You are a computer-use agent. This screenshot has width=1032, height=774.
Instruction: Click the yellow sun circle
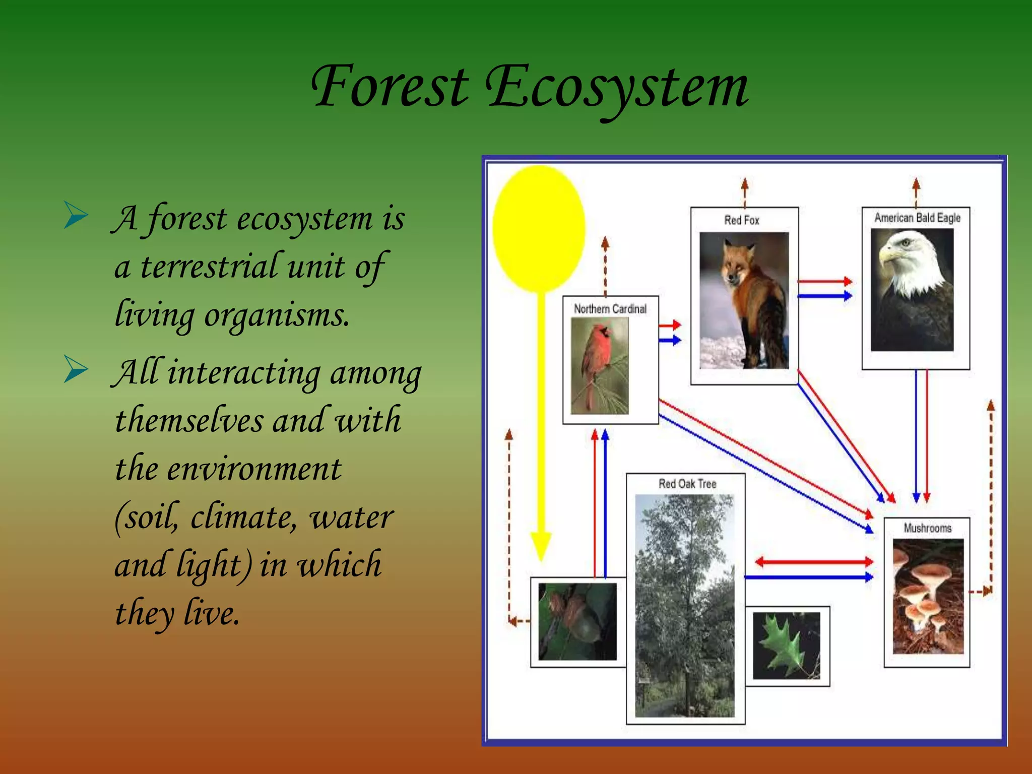539,228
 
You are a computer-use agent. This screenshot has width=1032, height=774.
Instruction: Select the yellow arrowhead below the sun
541,546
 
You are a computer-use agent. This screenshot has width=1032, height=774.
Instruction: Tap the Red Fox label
741,220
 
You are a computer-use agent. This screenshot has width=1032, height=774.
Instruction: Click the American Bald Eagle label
917,218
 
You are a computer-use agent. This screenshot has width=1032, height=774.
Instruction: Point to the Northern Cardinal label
610,309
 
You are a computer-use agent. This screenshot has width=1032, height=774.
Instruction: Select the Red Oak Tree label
687,484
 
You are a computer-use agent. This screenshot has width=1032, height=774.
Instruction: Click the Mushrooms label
927,528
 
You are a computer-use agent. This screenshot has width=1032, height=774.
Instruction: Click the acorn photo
577,621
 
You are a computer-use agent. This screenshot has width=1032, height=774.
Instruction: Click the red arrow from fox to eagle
824,281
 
